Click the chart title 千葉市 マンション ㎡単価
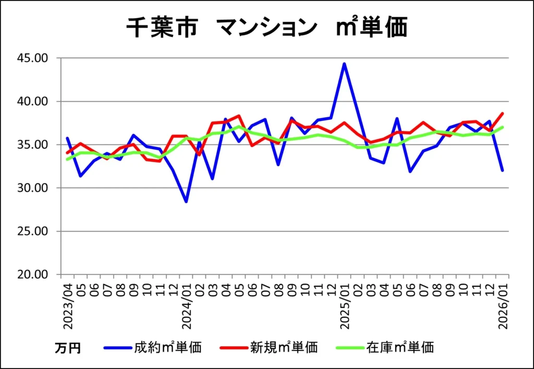pyautogui.click(x=266, y=28)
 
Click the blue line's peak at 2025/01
pyautogui.click(x=344, y=64)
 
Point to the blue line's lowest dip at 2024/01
pyautogui.click(x=186, y=202)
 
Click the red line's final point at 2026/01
pyautogui.click(x=503, y=113)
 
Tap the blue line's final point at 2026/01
pyautogui.click(x=503, y=170)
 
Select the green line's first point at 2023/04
pyautogui.click(x=67, y=159)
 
